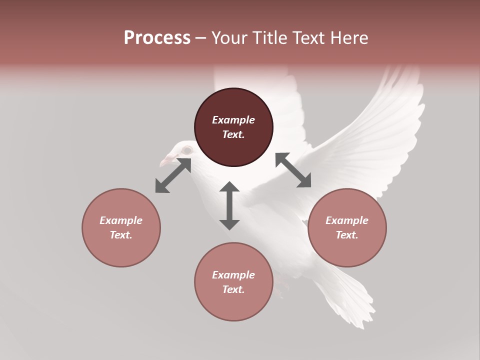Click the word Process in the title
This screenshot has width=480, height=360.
157,38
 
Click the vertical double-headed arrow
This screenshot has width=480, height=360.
229,205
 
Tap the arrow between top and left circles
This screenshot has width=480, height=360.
173,175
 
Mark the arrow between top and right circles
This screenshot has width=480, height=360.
293,170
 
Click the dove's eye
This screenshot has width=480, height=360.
186,150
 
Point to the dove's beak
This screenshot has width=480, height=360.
165,161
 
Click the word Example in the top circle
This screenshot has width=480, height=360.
233,120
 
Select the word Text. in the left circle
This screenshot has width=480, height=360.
121,235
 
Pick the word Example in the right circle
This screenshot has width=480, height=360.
347,220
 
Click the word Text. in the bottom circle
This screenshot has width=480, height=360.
233,289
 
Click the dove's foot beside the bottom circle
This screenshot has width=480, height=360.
283,289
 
